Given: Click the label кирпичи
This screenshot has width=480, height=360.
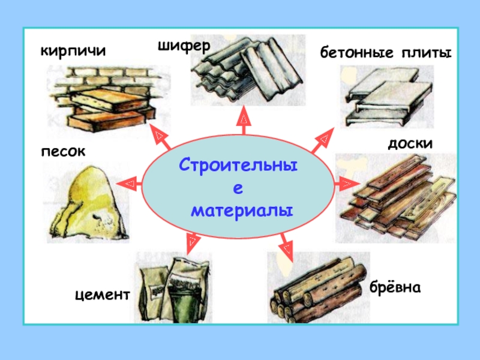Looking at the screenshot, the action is point(72,51).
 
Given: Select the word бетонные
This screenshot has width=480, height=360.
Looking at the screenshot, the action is point(355,54).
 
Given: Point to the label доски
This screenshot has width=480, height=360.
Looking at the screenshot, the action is point(410,145).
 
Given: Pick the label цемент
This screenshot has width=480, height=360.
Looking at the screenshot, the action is point(103,295).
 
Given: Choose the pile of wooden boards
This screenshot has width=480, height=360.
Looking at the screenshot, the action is point(396,195).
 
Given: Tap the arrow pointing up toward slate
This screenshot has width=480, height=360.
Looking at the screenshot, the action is point(244,120).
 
